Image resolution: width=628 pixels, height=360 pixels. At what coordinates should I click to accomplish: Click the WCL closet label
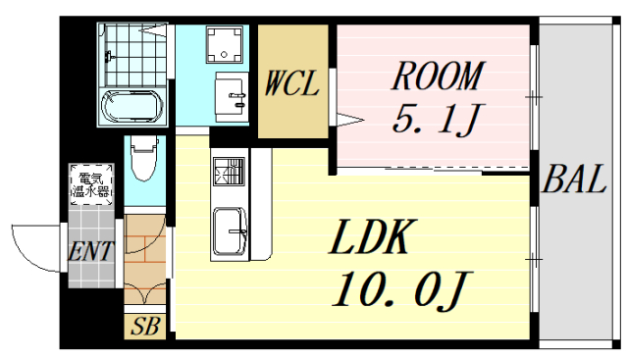292,83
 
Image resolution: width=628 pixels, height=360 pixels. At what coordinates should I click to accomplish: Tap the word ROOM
439,76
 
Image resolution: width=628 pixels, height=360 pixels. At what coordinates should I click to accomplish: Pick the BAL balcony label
574,179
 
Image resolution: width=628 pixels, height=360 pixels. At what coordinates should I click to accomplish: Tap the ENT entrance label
91,251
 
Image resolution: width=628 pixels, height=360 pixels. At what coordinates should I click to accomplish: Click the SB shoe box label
145,327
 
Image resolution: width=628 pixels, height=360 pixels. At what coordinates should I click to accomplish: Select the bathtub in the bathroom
132,107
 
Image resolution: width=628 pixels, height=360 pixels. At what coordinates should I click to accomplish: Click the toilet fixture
144,157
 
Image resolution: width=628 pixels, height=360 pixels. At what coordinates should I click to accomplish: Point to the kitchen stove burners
229,171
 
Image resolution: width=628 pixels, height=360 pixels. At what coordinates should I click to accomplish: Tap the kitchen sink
230,231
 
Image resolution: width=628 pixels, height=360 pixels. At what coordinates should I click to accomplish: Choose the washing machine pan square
225,44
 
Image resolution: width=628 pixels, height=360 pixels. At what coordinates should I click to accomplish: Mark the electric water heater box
91,183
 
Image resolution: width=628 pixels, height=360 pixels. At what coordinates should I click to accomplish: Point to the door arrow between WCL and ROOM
349,120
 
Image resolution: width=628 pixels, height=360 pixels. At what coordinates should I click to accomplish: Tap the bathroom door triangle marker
154,29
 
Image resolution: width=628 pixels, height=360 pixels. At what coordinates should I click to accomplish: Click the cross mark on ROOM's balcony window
534,97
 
